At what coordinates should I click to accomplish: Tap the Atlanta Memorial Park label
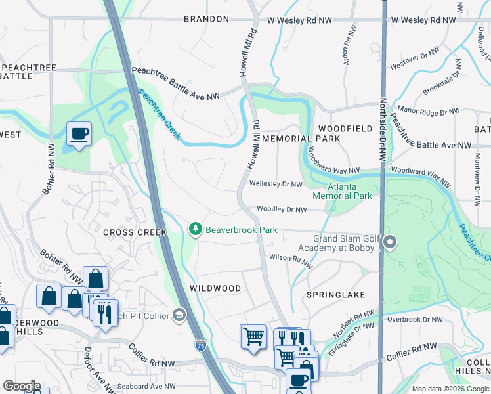coord(342,191)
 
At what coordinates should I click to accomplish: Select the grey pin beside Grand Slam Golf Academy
coord(390,243)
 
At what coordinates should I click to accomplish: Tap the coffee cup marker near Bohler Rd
coord(79,134)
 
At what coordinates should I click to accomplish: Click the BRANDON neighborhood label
coord(206,20)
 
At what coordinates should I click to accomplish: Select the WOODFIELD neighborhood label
coord(345,129)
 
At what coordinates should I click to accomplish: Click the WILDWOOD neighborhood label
coord(215,288)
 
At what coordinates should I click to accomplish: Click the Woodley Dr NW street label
coord(282,209)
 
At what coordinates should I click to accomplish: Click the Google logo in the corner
coord(22,386)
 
